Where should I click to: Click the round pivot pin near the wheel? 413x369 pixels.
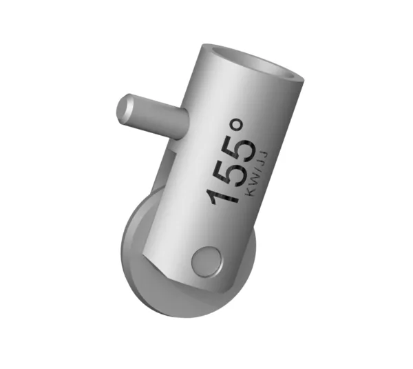tap(206, 261)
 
